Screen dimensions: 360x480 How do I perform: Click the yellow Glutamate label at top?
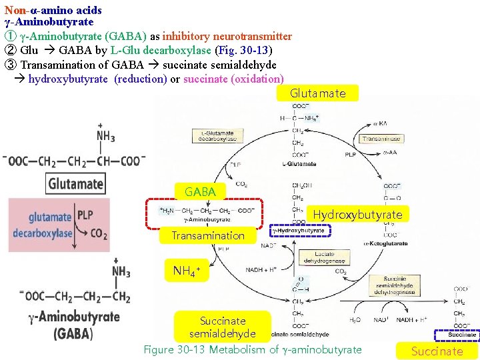pyautogui.click(x=318, y=93)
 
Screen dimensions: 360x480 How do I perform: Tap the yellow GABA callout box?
pyautogui.click(x=200, y=192)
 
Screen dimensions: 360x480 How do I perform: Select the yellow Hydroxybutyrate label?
pyautogui.click(x=358, y=214)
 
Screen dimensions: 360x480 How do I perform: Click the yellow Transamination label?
pyautogui.click(x=208, y=235)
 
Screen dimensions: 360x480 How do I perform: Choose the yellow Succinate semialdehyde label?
pyautogui.click(x=223, y=327)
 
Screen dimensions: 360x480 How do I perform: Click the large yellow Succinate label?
pyautogui.click(x=437, y=351)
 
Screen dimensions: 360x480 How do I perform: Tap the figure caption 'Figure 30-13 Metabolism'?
pyautogui.click(x=253, y=349)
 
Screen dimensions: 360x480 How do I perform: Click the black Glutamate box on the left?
pyautogui.click(x=76, y=184)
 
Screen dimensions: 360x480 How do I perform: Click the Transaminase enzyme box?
pyautogui.click(x=381, y=139)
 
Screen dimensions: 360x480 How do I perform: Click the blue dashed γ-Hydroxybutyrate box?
pyautogui.click(x=300, y=231)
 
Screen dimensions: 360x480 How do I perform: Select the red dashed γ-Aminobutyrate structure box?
pyautogui.click(x=205, y=213)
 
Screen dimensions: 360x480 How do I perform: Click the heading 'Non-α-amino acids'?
pyautogui.click(x=53, y=10)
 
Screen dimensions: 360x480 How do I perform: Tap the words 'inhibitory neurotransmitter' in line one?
pyautogui.click(x=236, y=36)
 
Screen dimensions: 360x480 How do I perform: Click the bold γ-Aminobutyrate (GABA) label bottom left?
pyautogui.click(x=73, y=324)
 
